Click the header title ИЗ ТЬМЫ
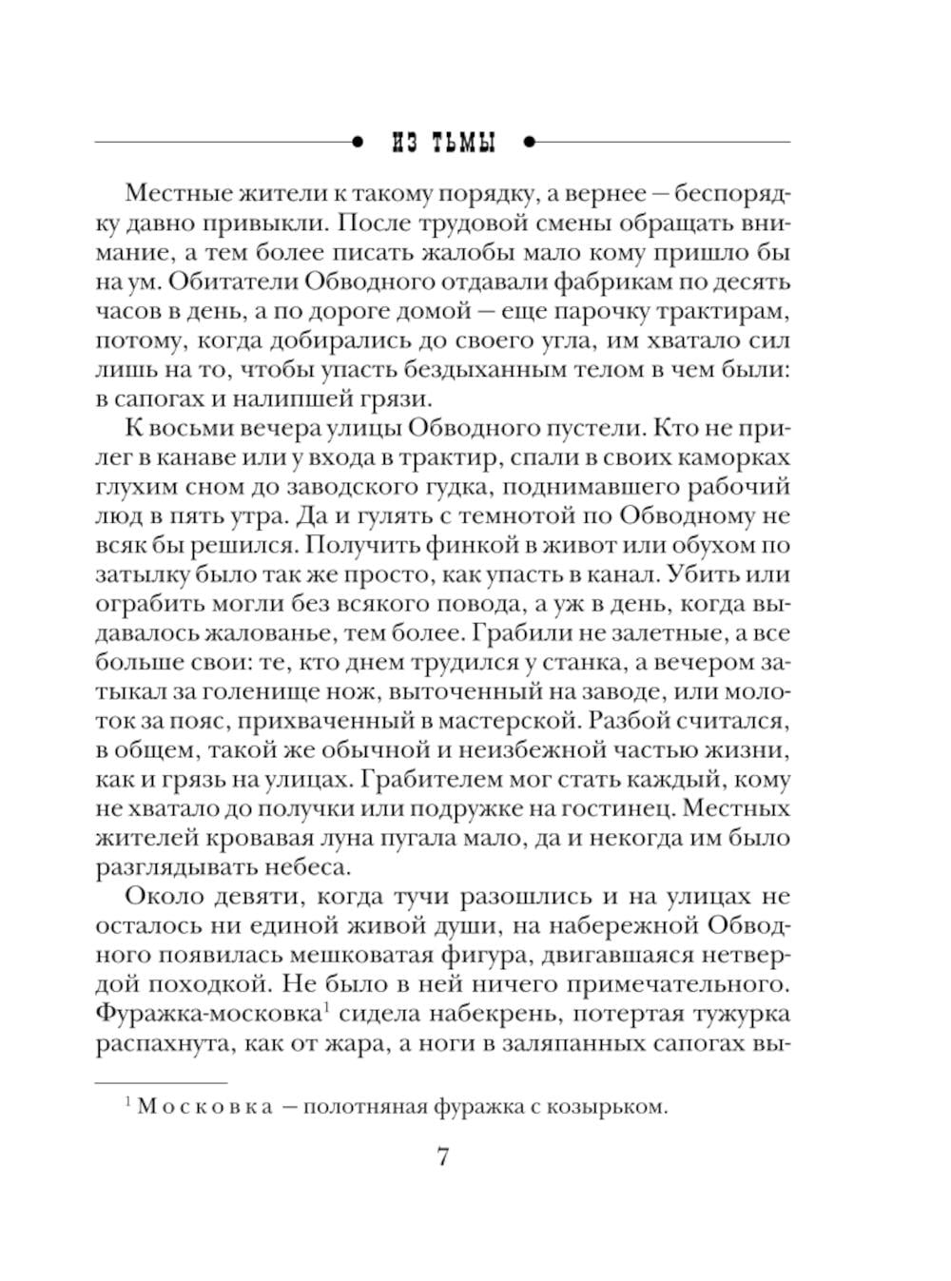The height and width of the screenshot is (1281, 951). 443,144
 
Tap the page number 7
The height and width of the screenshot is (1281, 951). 442,1157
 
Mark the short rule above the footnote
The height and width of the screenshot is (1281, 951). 162,1082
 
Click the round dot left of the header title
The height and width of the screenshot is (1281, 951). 358,143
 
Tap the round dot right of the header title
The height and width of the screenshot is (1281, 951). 530,143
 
